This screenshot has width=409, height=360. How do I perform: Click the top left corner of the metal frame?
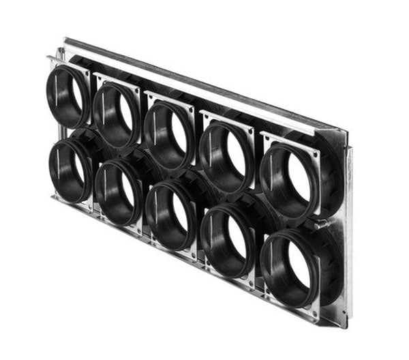(x=66, y=40)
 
